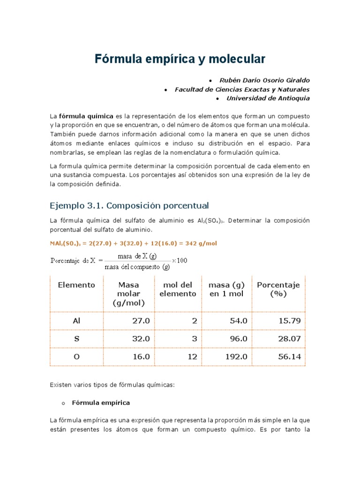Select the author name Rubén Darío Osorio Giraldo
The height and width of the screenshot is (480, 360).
pos(265,80)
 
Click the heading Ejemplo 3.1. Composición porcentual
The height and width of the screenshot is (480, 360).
pos(129,206)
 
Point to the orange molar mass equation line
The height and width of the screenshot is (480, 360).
pos(133,243)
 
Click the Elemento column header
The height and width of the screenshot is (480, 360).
pos(76,285)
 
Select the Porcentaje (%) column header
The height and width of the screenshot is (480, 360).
pos(278,289)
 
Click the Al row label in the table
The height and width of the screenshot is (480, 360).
pos(76,321)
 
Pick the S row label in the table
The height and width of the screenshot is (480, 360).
pos(76,339)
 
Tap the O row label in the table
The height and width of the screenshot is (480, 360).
pos(76,357)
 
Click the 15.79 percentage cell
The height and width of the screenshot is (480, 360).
pos(289,321)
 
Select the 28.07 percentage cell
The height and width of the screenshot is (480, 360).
pos(289,339)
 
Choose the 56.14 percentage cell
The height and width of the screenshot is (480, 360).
pos(289,357)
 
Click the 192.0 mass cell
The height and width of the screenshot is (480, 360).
pos(236,357)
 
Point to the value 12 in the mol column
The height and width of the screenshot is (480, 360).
pos(192,357)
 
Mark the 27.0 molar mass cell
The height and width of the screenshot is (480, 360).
pos(141,321)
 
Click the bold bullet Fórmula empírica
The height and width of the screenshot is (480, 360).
pos(101,403)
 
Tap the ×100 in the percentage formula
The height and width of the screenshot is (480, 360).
pos(180,261)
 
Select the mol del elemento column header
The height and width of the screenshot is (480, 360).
pos(178,289)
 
